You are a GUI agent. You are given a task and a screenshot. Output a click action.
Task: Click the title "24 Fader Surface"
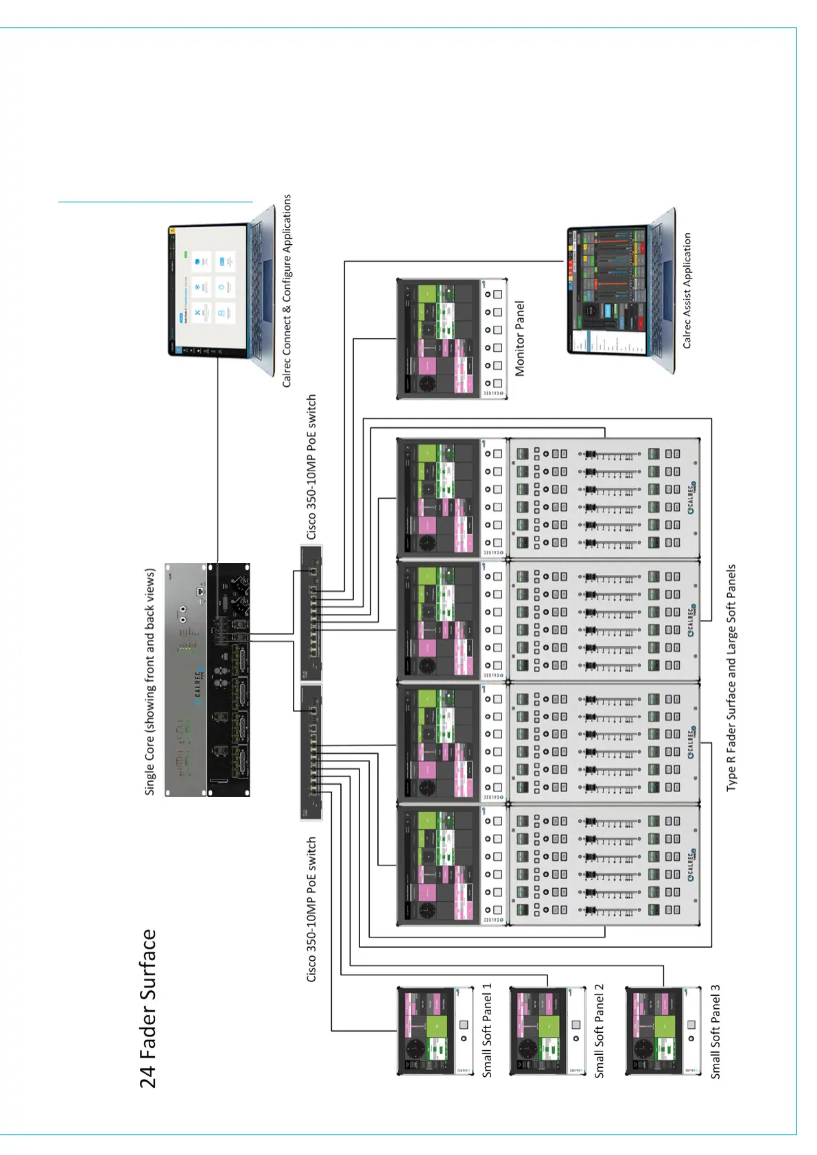click(148, 1008)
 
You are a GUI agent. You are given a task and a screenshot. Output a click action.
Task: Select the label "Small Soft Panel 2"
click(600, 1031)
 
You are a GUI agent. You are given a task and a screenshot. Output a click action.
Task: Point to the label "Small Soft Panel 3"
click(715, 1032)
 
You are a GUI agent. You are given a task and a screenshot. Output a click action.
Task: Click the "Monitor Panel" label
click(520, 338)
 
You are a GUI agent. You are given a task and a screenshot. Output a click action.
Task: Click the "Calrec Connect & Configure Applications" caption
click(287, 291)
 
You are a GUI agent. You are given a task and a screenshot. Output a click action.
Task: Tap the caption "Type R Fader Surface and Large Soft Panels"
click(731, 678)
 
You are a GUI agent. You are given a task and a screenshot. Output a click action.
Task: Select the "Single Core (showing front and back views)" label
click(150, 681)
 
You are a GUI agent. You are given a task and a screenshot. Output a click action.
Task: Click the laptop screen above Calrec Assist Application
click(608, 291)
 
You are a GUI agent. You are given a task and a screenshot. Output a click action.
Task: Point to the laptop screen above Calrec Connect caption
click(207, 291)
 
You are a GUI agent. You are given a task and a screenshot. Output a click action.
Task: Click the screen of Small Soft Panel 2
click(539, 1031)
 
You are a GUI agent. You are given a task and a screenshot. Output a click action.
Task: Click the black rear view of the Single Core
click(229, 680)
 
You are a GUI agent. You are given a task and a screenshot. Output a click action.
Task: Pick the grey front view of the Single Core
click(186, 680)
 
